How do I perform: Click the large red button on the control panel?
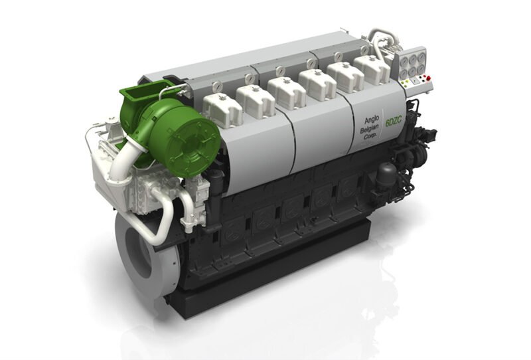(x=428, y=78)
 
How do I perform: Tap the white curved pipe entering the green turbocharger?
(x=122, y=159)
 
